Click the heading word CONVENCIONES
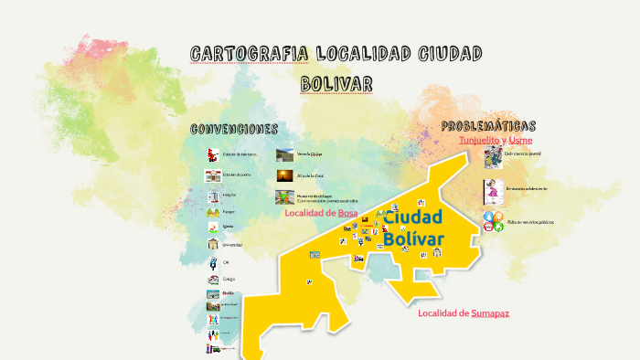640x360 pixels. click(233, 129)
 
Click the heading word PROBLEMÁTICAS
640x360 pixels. click(488, 126)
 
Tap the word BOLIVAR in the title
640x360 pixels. click(336, 84)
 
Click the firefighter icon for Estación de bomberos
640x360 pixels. click(213, 154)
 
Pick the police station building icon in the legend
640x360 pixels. click(213, 175)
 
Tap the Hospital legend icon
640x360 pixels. click(213, 195)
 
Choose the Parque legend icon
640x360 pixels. click(213, 212)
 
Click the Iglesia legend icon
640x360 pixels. click(213, 228)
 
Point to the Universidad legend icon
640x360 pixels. click(213, 245)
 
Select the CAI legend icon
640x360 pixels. click(213, 262)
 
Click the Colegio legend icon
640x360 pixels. click(213, 279)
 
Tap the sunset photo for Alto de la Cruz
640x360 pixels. click(285, 175)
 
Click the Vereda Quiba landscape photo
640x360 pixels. click(285, 154)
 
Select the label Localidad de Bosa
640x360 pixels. click(321, 213)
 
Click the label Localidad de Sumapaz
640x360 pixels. click(464, 313)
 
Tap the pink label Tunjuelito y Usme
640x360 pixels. click(495, 141)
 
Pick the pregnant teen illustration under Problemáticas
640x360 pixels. click(494, 192)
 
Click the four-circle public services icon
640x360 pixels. click(494, 221)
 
